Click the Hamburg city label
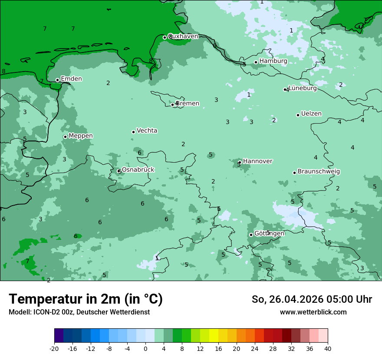273,61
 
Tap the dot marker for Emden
57,80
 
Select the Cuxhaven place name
183,36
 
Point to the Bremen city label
188,104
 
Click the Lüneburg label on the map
303,88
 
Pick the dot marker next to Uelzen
298,115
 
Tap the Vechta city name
147,131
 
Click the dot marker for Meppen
65,137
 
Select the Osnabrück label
138,170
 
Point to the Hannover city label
257,161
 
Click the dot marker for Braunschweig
294,173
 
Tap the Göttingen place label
269,233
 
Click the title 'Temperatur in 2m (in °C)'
86,299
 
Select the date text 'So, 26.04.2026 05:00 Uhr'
312,299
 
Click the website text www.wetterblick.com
313,312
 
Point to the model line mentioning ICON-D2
79,312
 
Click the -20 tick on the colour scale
54,349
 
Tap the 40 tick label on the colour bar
328,349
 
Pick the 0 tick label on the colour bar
145,349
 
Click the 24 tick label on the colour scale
255,349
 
